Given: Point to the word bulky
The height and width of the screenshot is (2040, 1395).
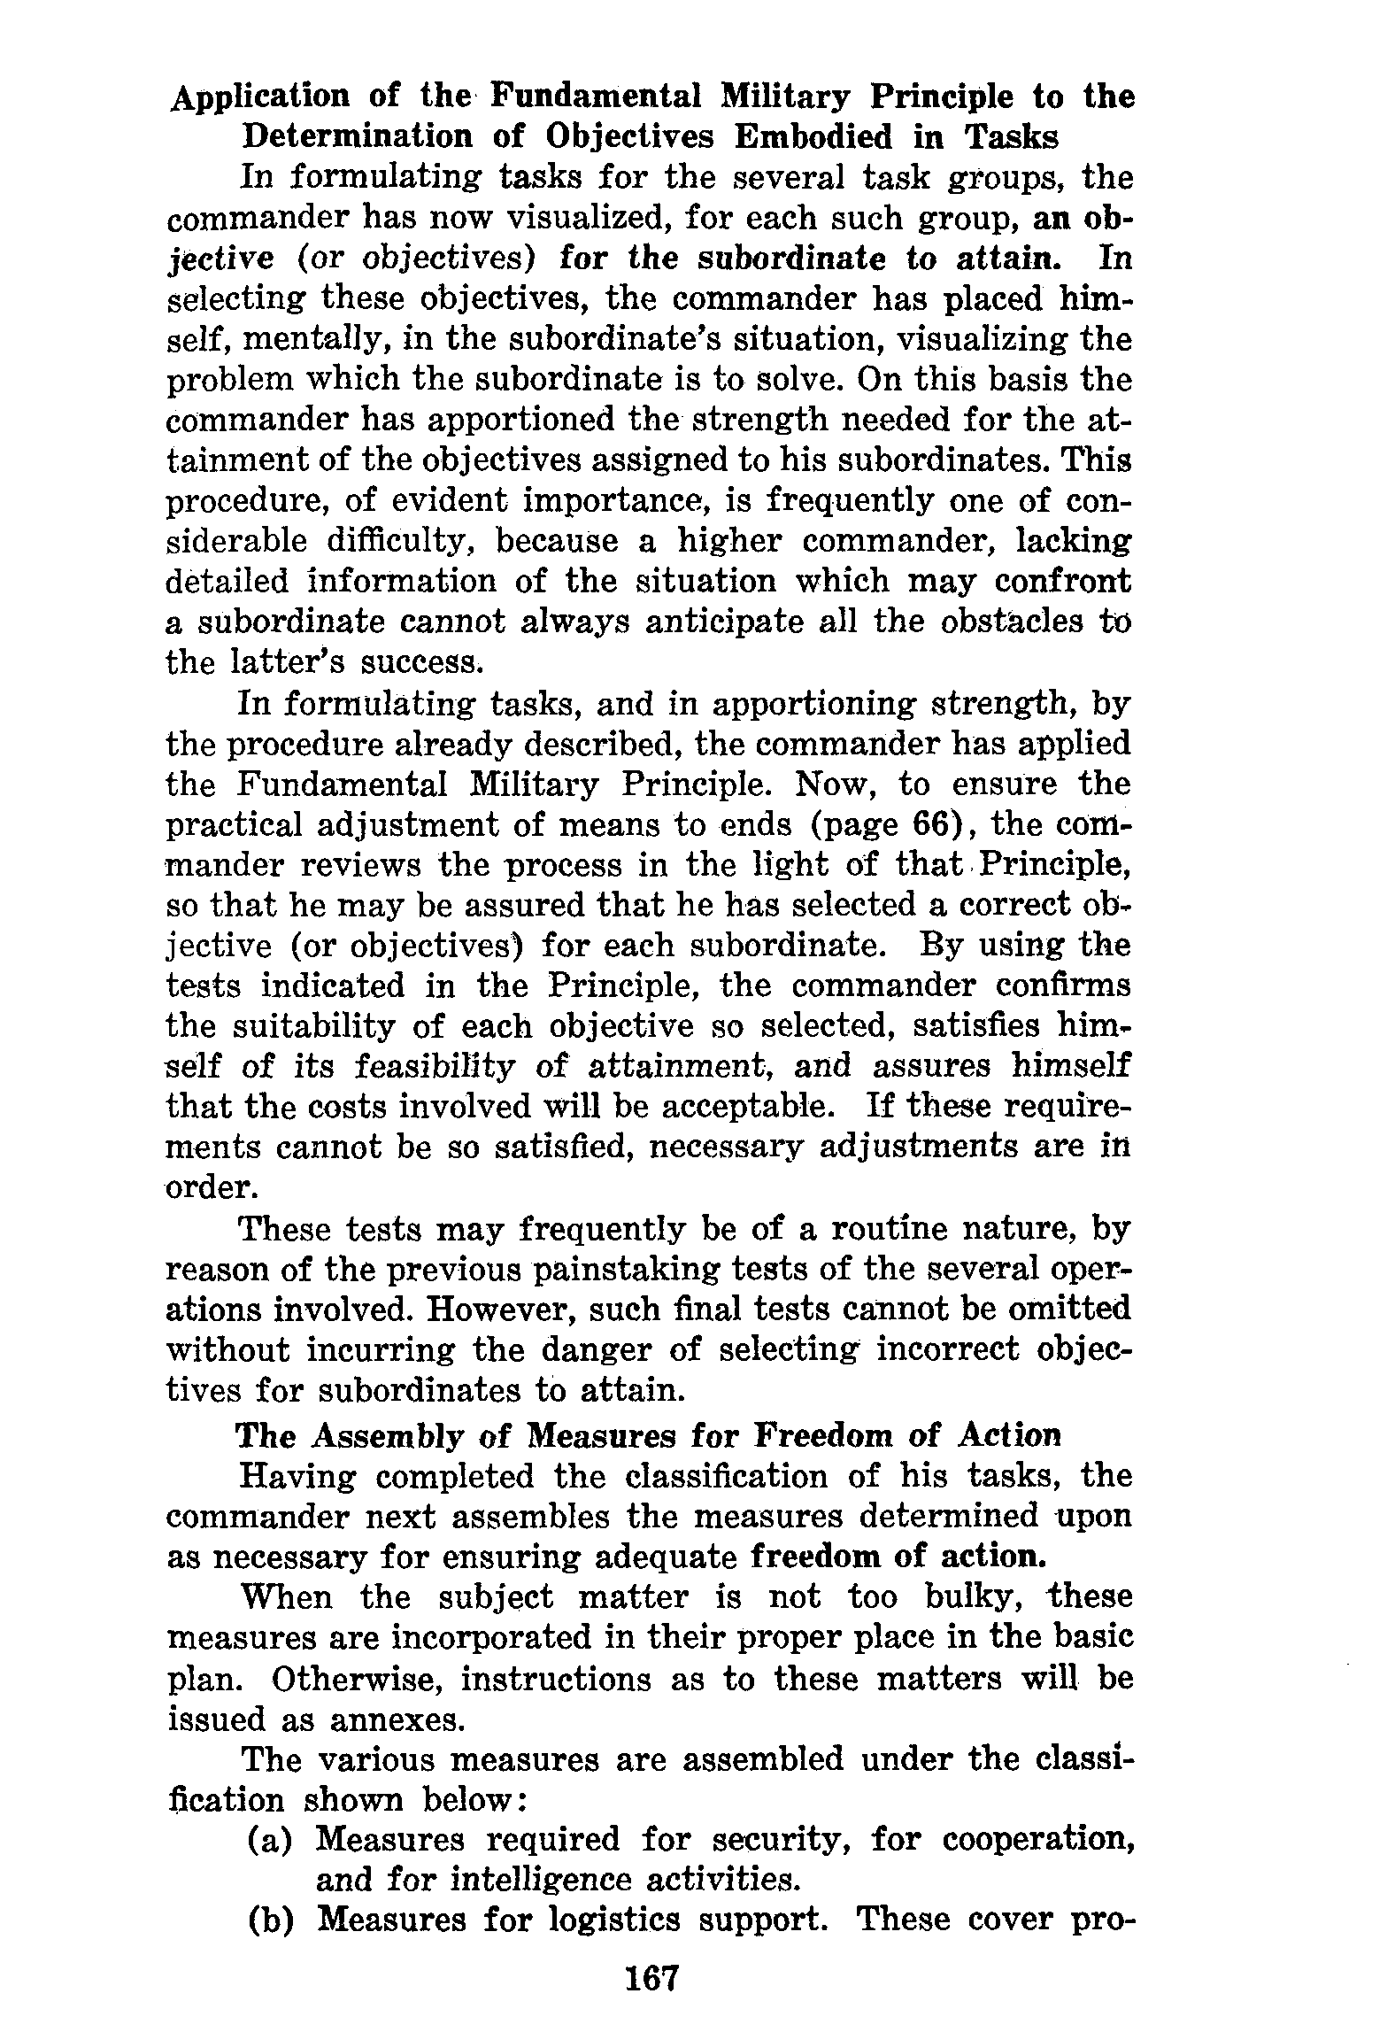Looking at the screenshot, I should click(972, 1597).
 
